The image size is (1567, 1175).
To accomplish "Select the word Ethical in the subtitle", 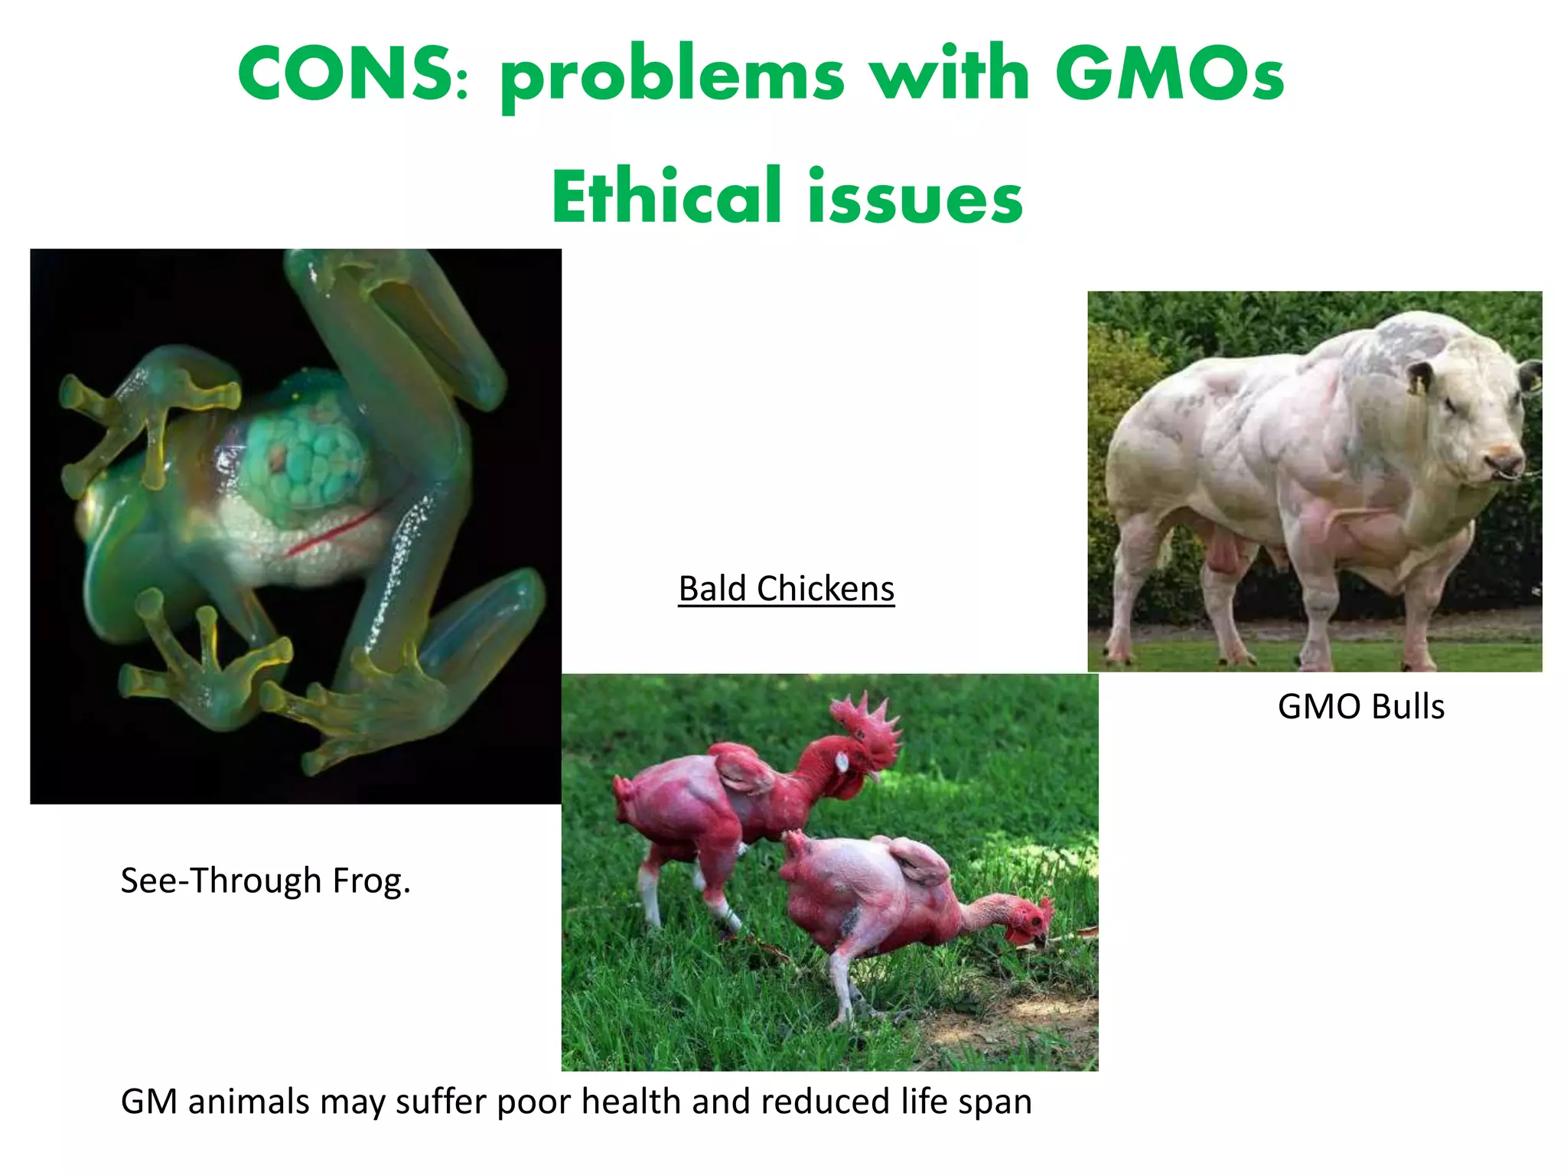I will point(666,197).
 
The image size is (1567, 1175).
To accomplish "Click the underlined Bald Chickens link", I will point(786,589).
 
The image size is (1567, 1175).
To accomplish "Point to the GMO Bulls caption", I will point(1360,706).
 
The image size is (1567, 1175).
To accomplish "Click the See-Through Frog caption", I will point(266,880).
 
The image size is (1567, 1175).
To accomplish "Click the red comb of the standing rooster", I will point(868,719).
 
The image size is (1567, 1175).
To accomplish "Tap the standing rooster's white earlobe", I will point(842,762).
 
